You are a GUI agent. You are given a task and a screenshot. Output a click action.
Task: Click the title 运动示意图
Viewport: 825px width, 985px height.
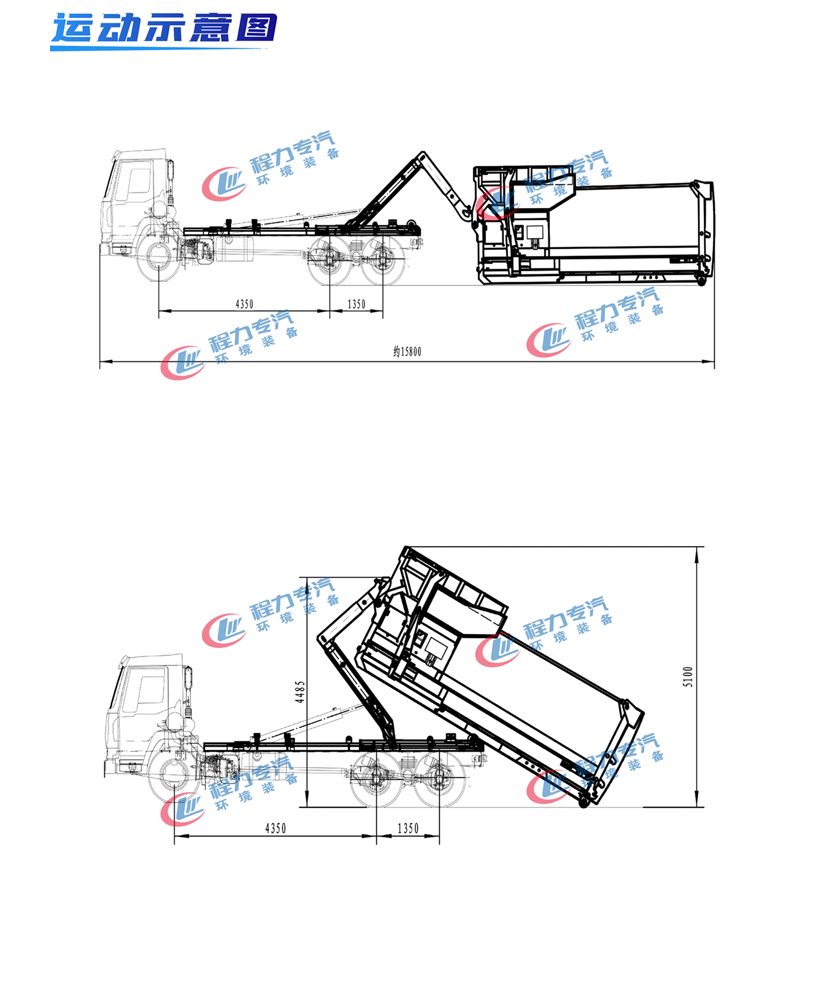164,28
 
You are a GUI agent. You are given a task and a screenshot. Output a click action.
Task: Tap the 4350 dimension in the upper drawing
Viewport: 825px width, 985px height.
244,304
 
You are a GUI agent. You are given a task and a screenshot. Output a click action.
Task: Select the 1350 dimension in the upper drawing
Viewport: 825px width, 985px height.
356,304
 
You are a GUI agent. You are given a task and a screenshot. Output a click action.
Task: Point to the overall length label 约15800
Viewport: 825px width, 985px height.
407,352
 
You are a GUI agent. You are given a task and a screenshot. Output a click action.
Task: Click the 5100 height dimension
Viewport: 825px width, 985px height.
688,676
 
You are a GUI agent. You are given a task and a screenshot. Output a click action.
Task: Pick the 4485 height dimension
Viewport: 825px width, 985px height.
300,692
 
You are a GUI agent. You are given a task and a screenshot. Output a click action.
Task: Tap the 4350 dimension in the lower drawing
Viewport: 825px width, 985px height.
276,828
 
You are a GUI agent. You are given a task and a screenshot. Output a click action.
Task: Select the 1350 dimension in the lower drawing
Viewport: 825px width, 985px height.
408,828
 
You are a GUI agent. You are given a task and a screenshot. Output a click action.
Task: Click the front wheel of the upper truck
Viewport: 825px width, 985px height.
158,258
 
